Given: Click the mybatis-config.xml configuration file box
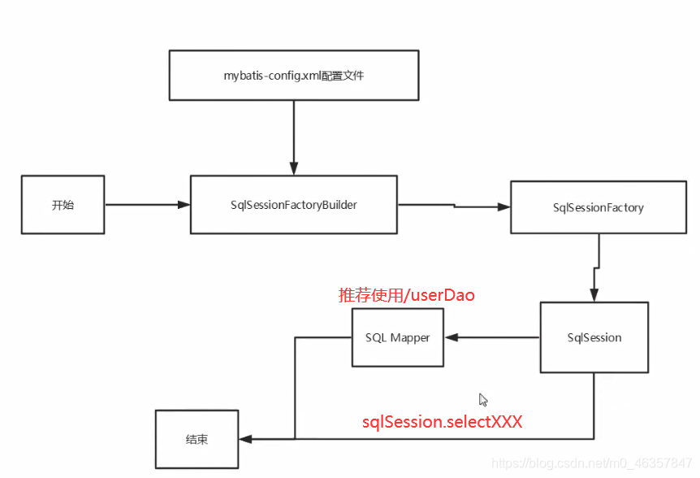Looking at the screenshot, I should [293, 75].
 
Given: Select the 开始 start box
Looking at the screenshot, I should [63, 205].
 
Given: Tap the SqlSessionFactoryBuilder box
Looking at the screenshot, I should [293, 205].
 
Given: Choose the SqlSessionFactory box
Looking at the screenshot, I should [598, 207].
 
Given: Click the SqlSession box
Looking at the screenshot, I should [594, 337].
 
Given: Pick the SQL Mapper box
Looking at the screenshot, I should [398, 337].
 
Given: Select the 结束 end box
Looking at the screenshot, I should [197, 439].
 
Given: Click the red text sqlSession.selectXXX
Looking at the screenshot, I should [442, 422].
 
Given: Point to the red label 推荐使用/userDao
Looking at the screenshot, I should [406, 295].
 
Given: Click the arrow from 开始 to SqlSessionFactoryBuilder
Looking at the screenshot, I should [146, 205].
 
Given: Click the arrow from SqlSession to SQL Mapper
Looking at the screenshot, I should [491, 337].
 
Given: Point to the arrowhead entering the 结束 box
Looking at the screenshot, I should [244, 439].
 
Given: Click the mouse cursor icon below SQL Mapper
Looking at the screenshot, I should [483, 399].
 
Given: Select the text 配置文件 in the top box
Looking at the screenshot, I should [344, 75].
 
